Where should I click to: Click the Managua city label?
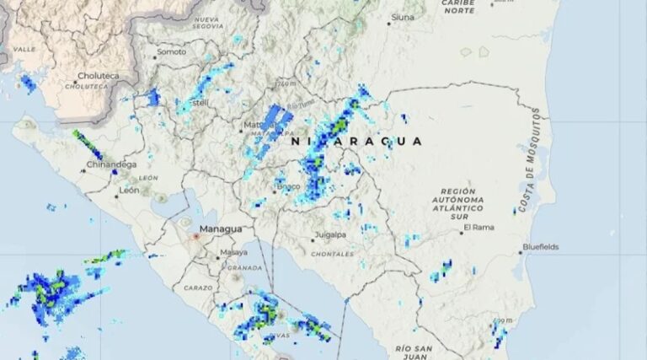point(220,228)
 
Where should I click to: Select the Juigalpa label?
point(329,234)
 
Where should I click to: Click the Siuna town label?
point(403,17)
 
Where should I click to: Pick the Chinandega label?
point(110,164)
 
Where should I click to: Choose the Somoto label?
point(172,52)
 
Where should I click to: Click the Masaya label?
point(233,252)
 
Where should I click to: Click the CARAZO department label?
point(198,288)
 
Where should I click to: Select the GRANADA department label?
point(245,268)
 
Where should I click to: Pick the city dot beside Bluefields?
point(520,252)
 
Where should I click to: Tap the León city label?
point(129,190)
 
